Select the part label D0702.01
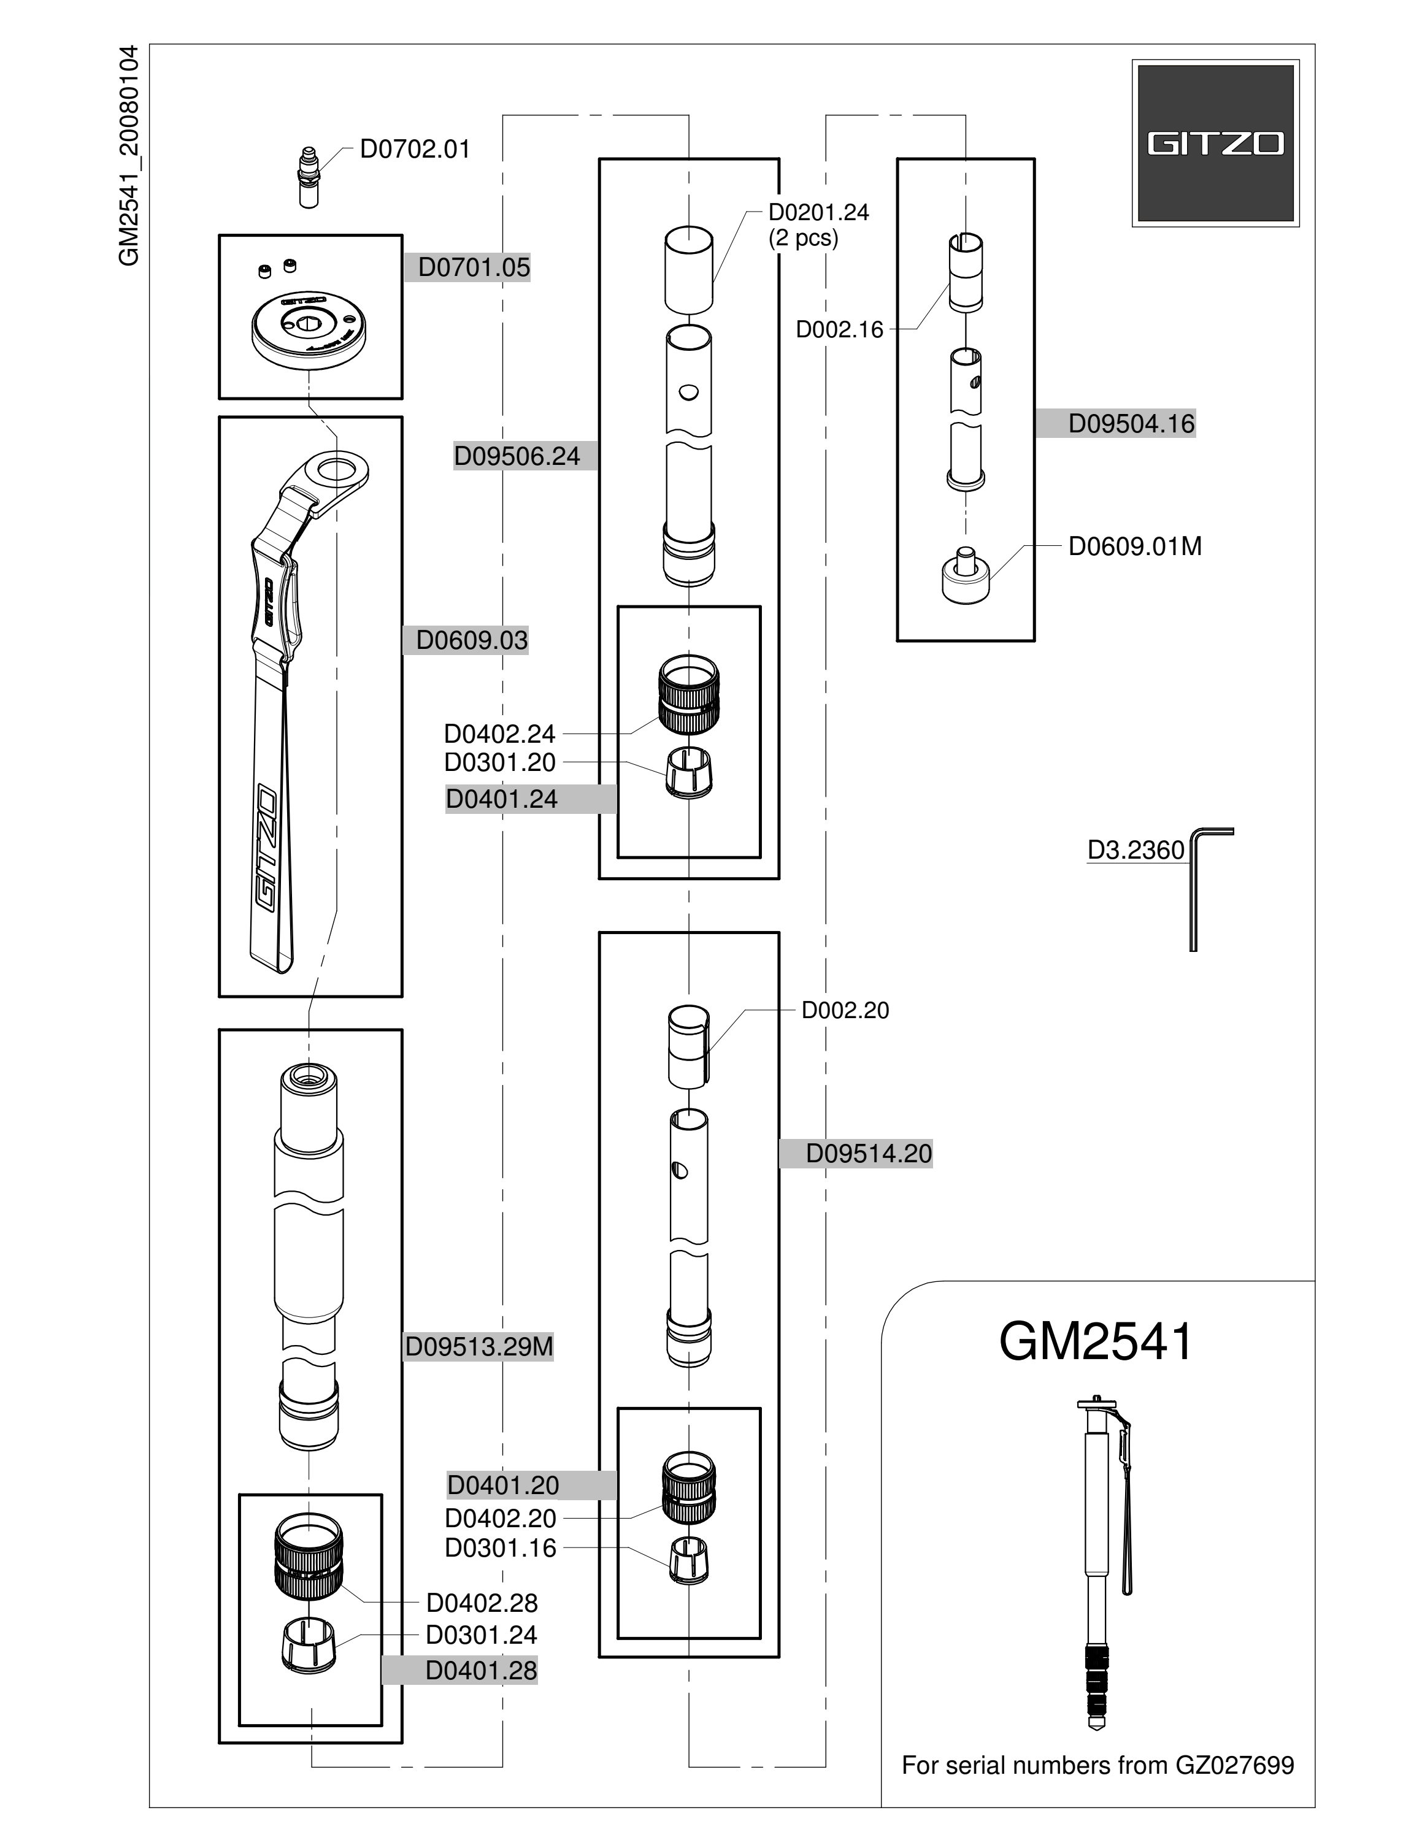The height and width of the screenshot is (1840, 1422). point(415,149)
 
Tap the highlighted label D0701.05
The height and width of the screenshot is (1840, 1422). point(474,268)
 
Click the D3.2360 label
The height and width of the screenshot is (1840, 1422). point(1136,850)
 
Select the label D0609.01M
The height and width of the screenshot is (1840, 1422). point(1135,546)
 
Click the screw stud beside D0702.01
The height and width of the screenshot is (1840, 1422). point(309,176)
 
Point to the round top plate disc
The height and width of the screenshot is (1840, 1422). point(309,329)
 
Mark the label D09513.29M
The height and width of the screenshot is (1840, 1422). point(478,1347)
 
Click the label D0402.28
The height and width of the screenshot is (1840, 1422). point(482,1603)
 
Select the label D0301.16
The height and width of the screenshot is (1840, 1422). point(501,1549)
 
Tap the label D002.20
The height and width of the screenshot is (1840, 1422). point(845,1010)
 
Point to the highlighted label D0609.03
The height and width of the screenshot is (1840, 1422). point(472,640)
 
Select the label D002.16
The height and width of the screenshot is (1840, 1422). point(839,329)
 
